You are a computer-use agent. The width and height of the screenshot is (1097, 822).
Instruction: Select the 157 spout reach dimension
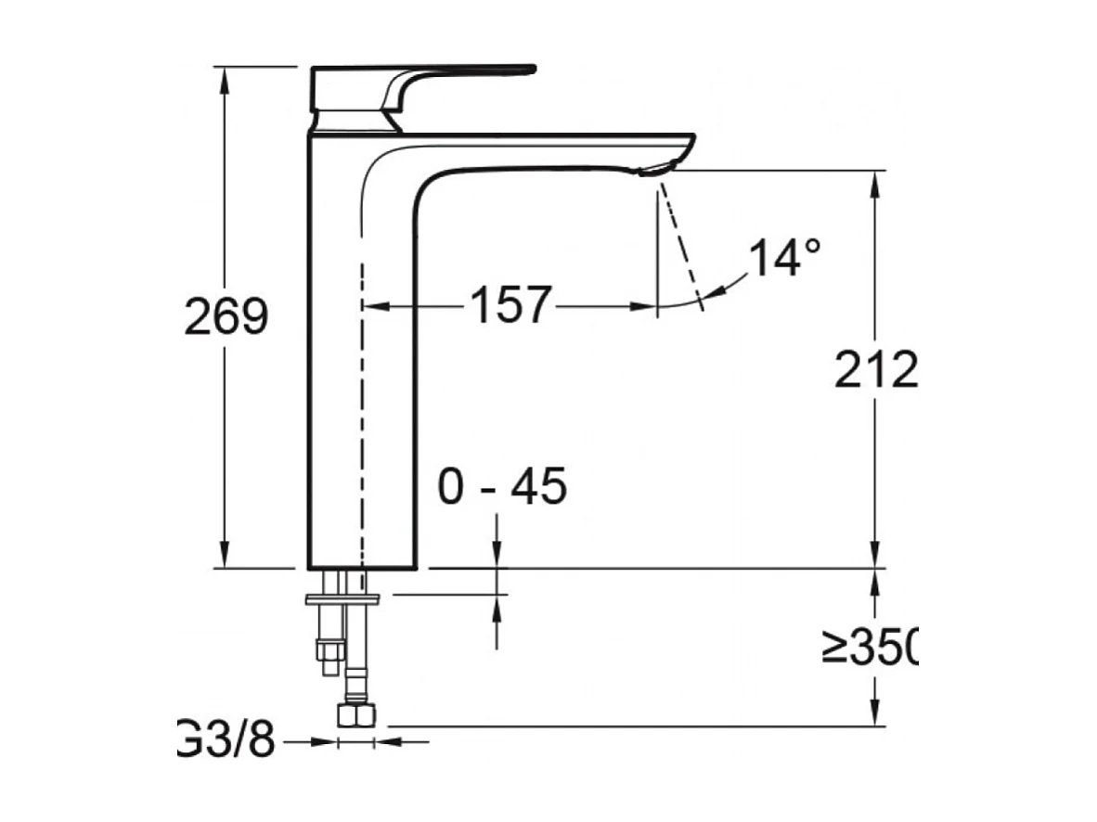510,305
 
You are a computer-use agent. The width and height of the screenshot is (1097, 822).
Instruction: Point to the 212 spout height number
875,371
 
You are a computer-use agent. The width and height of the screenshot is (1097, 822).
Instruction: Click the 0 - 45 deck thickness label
502,488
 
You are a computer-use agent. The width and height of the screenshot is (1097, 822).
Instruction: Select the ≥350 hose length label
870,646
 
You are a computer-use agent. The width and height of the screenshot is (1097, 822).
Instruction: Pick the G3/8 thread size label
227,741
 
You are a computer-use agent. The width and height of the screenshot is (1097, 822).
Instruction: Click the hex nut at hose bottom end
356,715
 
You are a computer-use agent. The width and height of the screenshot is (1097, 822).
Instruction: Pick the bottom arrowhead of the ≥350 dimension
874,715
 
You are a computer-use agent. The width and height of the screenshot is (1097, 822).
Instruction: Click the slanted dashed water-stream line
681,241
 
